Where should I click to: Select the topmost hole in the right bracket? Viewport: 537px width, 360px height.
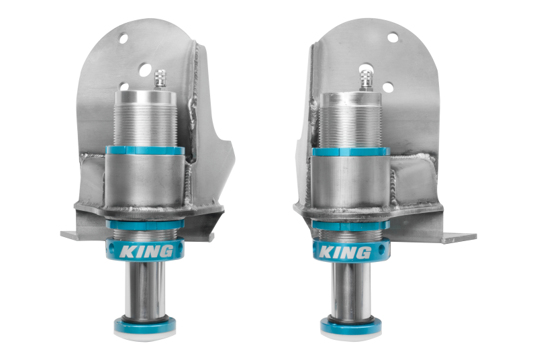(x=393, y=38)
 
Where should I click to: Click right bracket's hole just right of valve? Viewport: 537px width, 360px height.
(x=387, y=87)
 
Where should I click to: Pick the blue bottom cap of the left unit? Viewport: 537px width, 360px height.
(x=145, y=326)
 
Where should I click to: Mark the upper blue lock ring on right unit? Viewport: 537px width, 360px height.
(x=350, y=151)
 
